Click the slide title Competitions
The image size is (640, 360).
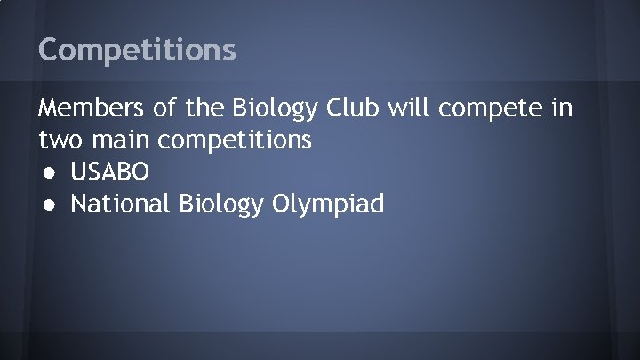point(137,50)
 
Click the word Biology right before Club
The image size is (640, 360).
point(276,110)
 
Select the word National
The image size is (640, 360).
point(121,204)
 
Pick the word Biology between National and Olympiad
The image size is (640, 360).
point(221,205)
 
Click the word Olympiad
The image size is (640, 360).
point(329,205)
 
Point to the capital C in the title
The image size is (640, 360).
point(48,50)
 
